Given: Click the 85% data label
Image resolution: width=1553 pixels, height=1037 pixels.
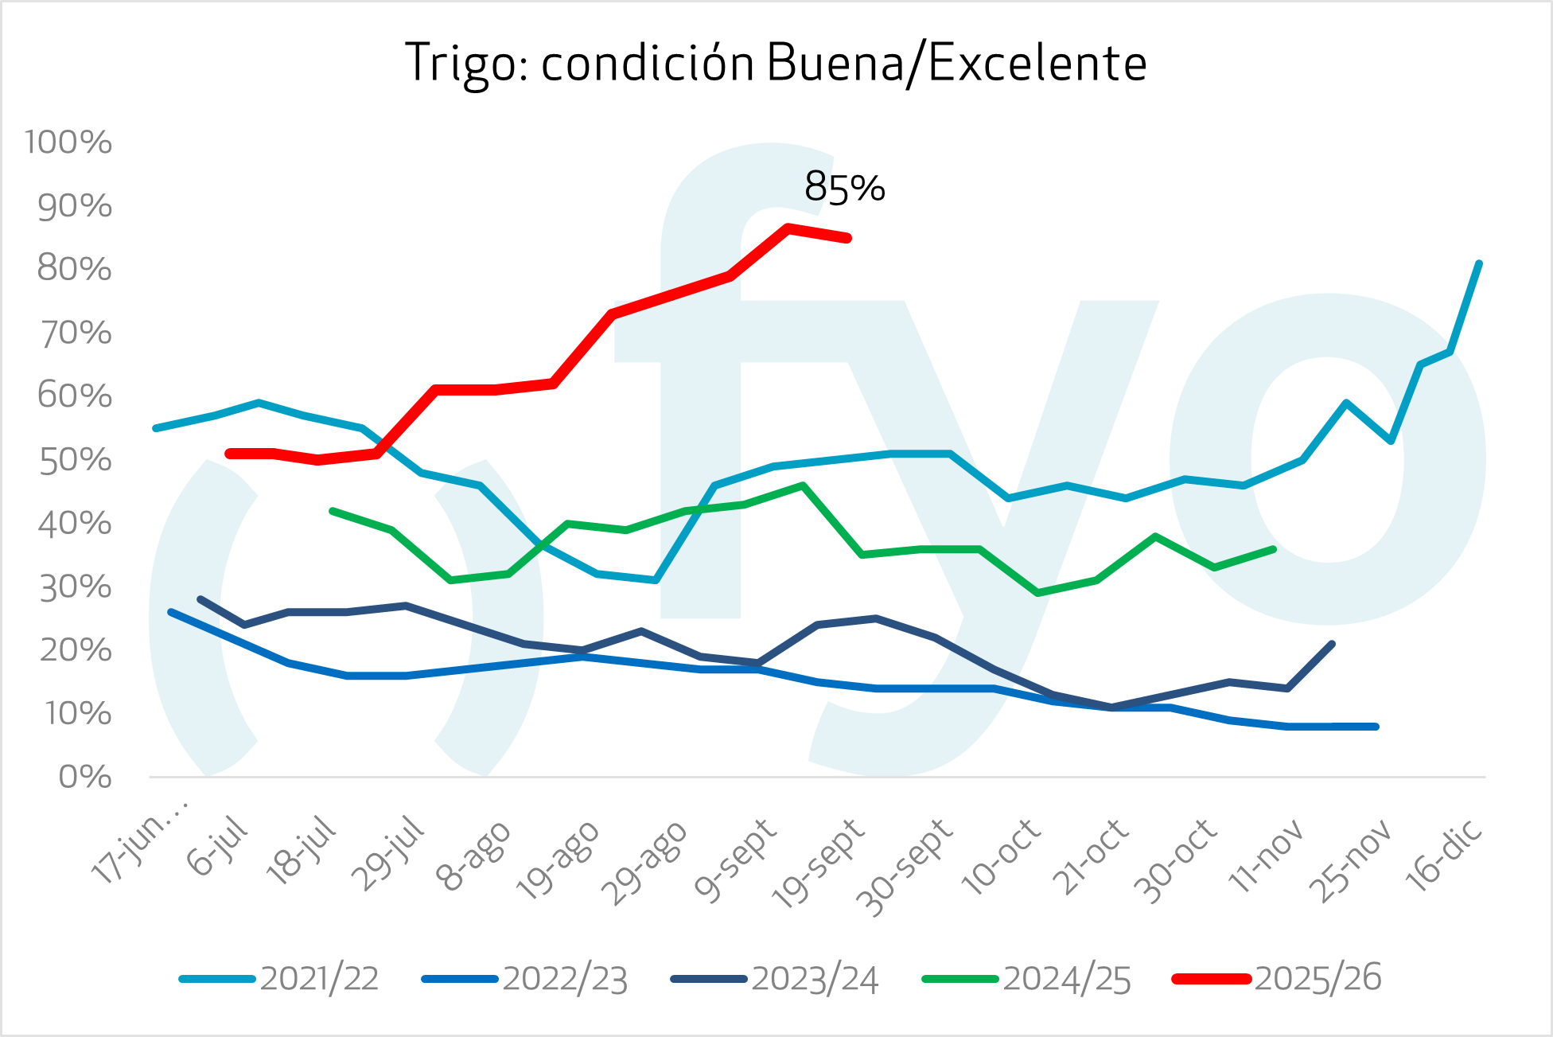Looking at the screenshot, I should [844, 188].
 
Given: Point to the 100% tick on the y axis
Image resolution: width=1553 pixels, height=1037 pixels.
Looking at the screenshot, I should [68, 142].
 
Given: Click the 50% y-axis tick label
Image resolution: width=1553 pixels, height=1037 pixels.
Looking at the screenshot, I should [75, 460].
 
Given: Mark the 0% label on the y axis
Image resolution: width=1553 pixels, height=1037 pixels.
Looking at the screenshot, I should [85, 777].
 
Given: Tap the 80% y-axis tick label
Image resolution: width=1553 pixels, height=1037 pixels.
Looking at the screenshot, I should [75, 269].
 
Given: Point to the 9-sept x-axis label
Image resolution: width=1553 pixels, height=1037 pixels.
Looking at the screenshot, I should [736, 860].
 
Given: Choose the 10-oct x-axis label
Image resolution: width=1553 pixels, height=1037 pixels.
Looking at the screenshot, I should [1002, 856].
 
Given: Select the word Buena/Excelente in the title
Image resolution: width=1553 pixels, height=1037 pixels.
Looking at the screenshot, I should [956, 64].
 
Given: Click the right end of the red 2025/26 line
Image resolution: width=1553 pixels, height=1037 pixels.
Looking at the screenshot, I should [848, 238].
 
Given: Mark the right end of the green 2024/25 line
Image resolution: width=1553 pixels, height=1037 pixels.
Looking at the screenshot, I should [1274, 549].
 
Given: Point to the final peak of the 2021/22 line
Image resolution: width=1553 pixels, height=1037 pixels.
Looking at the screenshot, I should [1478, 263].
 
